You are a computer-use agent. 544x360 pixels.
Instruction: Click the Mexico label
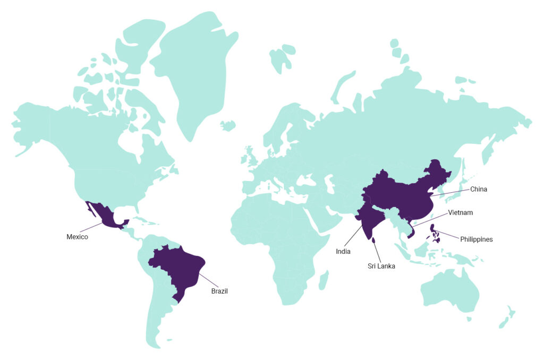(77, 237)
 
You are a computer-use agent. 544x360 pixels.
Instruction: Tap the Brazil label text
(219, 291)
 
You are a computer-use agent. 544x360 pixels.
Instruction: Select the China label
(479, 189)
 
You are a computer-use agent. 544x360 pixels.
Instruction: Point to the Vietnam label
(460, 212)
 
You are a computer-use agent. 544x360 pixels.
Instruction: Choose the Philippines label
(477, 239)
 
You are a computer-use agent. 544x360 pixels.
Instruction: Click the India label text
(343, 251)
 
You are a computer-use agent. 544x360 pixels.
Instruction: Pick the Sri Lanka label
(381, 266)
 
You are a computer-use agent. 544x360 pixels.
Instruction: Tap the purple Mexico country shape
(106, 216)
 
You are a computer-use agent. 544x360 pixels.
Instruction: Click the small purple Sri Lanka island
(373, 241)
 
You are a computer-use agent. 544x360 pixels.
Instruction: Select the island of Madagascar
(322, 280)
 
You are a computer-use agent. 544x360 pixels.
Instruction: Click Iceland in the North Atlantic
(228, 126)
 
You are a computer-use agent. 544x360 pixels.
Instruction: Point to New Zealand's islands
(507, 316)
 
